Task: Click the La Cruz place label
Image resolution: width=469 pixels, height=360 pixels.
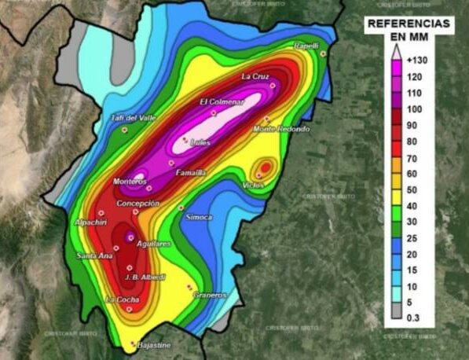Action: tap(256, 76)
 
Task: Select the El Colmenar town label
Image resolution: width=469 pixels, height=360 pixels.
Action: tap(222, 101)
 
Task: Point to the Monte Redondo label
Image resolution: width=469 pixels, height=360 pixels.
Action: tap(281, 129)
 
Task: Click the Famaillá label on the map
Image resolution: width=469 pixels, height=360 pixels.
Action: tap(191, 172)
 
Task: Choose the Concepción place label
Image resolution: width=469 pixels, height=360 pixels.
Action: tap(138, 203)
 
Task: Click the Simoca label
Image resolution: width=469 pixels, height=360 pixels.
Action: tap(197, 218)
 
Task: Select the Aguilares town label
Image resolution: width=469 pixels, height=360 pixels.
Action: tap(153, 244)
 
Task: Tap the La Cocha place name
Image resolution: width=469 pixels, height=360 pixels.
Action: tap(123, 299)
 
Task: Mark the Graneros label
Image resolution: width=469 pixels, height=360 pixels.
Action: tap(210, 295)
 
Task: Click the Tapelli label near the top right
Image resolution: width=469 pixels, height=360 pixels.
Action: tap(306, 46)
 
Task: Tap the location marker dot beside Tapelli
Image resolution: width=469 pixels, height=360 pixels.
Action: tap(323, 53)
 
